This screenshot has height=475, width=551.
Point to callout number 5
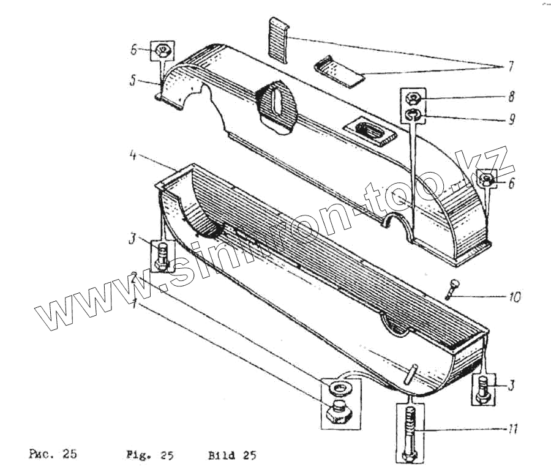point(133,80)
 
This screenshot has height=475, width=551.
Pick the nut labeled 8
point(413,98)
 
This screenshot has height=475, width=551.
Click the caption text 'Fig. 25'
point(149,455)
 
